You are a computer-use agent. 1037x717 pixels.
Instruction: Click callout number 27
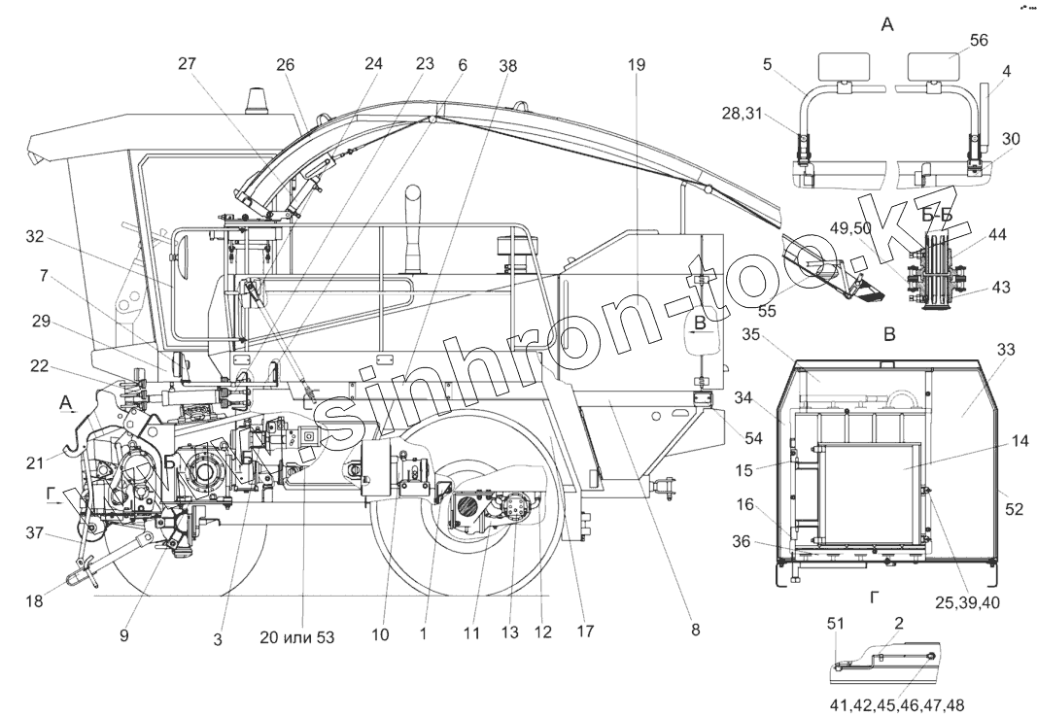pyautogui.click(x=188, y=64)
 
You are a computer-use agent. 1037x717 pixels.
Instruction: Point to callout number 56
pyautogui.click(x=979, y=40)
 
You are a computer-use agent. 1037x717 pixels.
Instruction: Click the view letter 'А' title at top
pyautogui.click(x=886, y=25)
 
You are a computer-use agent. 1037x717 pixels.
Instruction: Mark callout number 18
pyautogui.click(x=35, y=602)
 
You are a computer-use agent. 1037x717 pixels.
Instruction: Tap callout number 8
pyautogui.click(x=695, y=631)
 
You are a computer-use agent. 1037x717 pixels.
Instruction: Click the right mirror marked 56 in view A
pyautogui.click(x=933, y=66)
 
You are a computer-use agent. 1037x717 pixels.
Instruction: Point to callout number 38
pyautogui.click(x=508, y=66)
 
